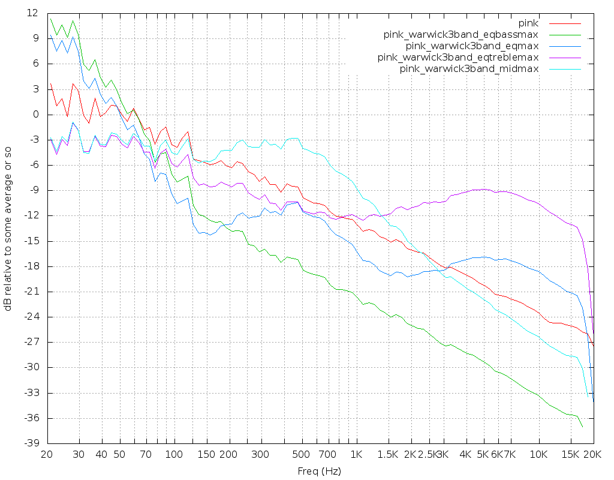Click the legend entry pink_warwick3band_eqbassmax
461,35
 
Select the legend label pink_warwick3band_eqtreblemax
458,58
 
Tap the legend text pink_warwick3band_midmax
469,69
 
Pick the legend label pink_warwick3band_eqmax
472,46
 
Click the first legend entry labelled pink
528,23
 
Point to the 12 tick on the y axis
32,13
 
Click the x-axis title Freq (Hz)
319,471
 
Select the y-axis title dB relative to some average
8,228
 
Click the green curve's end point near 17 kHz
582,427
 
